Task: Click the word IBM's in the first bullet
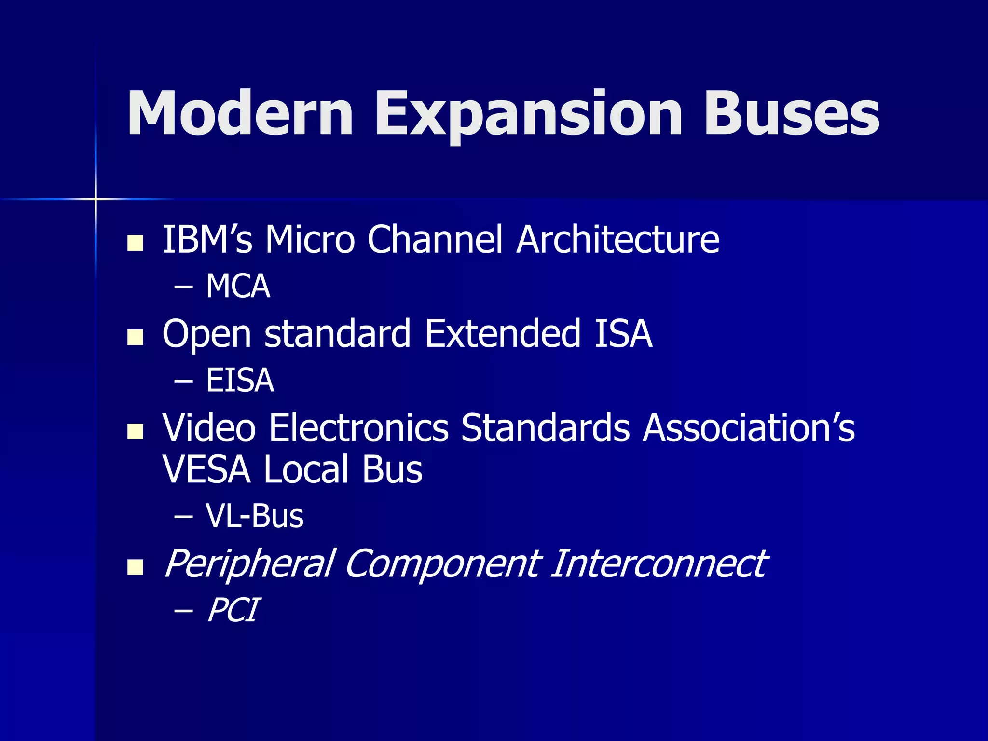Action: (x=207, y=239)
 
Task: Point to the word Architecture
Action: (x=617, y=239)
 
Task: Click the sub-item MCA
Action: (x=238, y=286)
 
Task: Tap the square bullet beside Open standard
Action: (x=135, y=337)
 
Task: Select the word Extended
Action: (x=503, y=333)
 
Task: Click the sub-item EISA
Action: (x=240, y=380)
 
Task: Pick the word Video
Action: (x=209, y=427)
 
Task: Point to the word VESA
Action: (x=206, y=469)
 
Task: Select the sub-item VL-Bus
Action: (x=254, y=516)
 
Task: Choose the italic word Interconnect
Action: (x=659, y=563)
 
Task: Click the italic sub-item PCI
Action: (x=233, y=610)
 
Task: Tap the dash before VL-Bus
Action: (x=183, y=517)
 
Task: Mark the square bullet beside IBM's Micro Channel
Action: (x=135, y=243)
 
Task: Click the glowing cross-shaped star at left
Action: (x=96, y=199)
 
